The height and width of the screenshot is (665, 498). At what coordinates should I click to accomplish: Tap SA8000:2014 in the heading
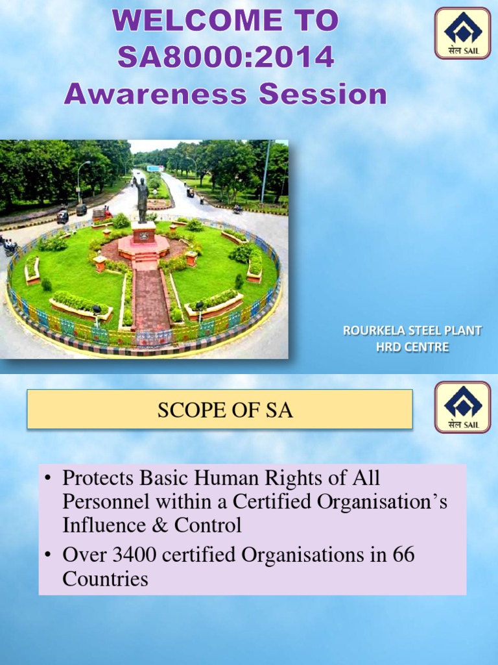(226, 58)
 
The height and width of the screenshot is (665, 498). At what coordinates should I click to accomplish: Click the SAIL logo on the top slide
(462, 32)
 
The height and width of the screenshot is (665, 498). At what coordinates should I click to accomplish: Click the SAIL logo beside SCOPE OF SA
(462, 407)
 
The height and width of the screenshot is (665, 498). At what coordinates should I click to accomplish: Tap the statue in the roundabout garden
(143, 199)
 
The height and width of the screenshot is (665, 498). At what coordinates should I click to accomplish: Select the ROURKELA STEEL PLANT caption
(412, 331)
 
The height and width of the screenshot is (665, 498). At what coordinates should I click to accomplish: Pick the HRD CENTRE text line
(412, 347)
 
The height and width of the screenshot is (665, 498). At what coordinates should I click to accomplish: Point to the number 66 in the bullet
(404, 555)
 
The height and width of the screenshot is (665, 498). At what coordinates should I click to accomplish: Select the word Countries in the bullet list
(105, 579)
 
